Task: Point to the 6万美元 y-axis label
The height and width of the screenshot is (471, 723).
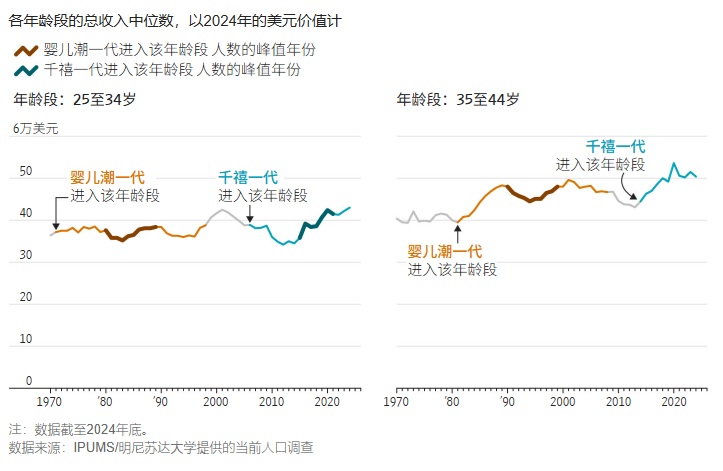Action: click(35, 129)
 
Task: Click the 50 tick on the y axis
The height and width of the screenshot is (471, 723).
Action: click(26, 172)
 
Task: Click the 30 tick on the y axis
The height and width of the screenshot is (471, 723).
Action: click(26, 256)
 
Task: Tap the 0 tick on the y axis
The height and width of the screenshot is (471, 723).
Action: click(29, 381)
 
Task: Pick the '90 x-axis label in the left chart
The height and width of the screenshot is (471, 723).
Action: click(159, 401)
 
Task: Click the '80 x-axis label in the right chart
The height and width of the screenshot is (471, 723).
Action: click(452, 401)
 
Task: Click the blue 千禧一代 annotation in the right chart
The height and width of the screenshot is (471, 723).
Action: click(615, 146)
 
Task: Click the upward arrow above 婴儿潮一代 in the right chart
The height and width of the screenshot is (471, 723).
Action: click(456, 232)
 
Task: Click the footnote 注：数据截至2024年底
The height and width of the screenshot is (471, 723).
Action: click(79, 429)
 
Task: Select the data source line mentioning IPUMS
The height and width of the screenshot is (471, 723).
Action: click(161, 447)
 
